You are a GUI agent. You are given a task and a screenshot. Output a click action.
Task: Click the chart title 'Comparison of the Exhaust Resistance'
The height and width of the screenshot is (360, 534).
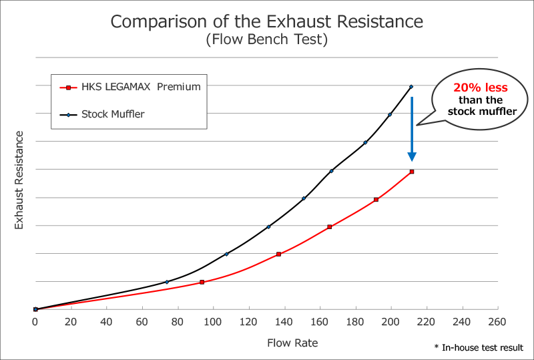coord(266,21)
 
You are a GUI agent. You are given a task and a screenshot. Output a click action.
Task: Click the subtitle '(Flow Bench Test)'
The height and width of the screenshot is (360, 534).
coord(266,40)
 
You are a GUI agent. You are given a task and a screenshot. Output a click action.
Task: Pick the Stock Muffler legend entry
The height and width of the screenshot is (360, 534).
coord(113,114)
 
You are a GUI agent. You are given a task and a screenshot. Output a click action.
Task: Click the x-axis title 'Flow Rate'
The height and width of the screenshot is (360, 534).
coord(292,343)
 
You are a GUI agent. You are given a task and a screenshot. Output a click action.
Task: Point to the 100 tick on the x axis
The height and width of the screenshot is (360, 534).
coord(213,321)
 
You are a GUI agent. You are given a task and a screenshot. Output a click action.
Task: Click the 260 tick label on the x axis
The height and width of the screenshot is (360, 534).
coord(497,321)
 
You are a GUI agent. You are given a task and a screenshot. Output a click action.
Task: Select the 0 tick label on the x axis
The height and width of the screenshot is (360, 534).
coord(35,321)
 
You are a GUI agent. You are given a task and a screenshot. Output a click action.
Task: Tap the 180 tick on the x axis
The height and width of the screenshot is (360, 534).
coord(355,321)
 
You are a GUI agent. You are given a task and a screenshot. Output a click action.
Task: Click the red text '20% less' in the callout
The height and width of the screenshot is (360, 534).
coord(481,87)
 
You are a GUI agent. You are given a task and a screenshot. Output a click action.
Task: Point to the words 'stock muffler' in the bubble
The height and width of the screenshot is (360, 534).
coord(482,112)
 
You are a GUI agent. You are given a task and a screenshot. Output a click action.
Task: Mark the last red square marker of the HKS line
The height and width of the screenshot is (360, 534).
coord(412,172)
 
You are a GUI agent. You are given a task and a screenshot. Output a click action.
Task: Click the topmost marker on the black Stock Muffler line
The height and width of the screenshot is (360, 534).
coord(411,87)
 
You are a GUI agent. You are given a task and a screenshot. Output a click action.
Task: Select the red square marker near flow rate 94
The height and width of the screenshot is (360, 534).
coord(202,282)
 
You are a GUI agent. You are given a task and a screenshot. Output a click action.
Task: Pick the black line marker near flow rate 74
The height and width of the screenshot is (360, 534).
coord(167,282)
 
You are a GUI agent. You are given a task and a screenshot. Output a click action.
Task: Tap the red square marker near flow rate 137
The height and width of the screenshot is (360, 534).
coord(278,254)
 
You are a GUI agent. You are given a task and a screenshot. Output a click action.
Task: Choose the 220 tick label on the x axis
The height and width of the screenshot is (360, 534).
coord(427,321)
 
